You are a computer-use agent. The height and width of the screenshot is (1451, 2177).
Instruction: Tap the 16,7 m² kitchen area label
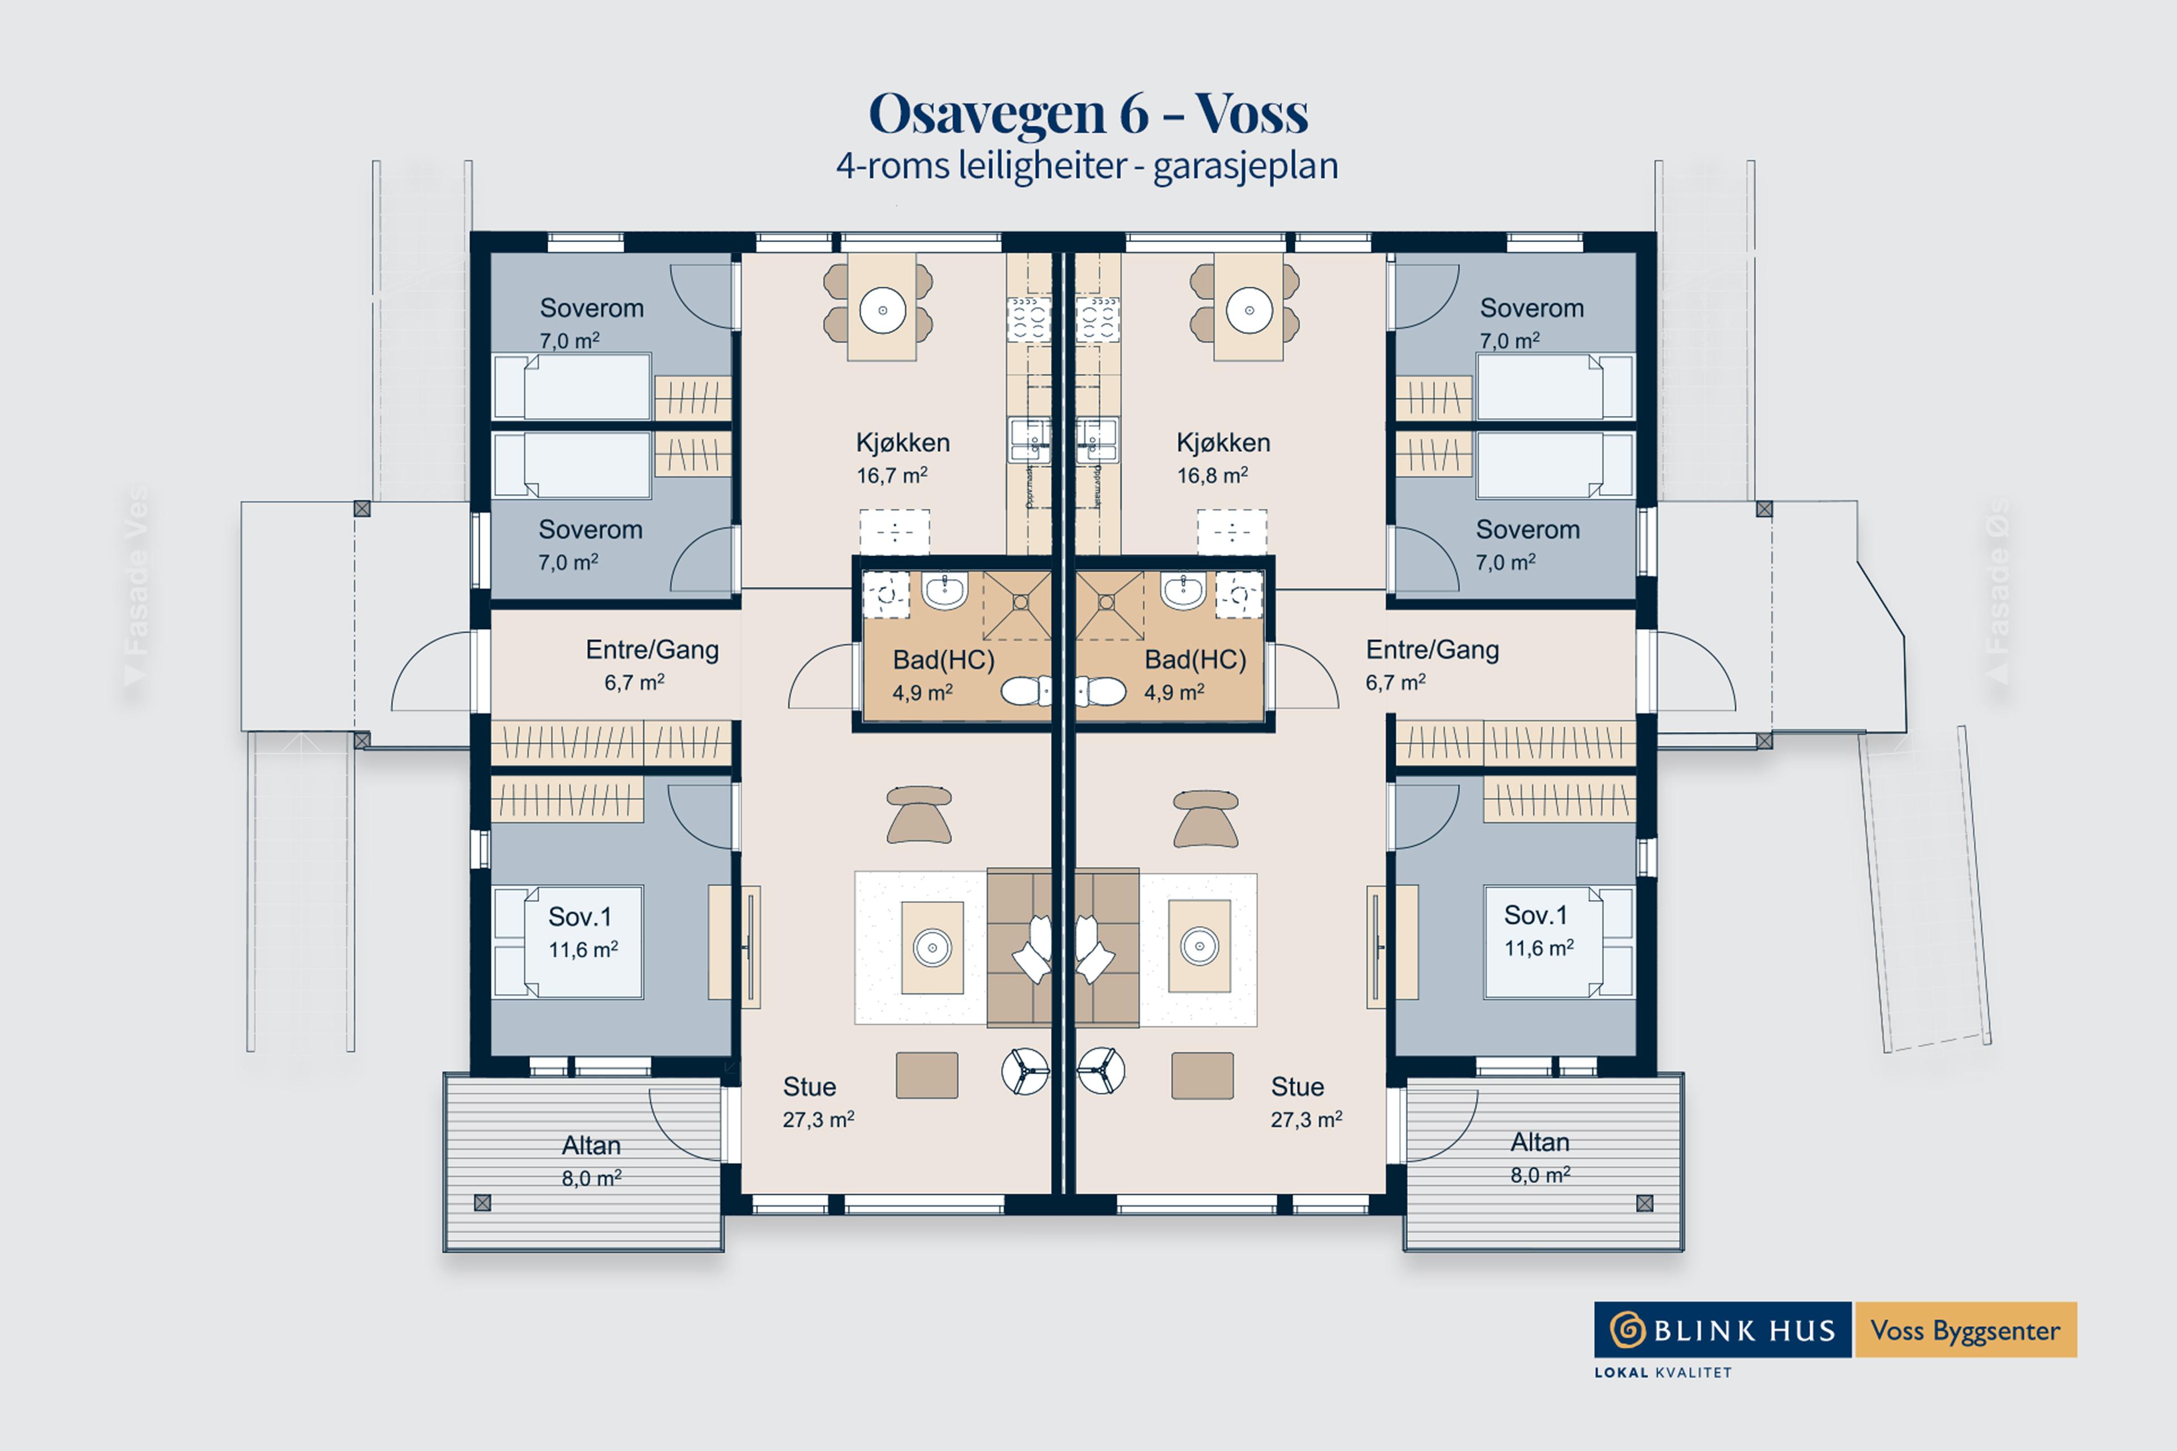[x=891, y=476]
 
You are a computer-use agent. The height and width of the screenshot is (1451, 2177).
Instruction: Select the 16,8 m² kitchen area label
[x=1212, y=476]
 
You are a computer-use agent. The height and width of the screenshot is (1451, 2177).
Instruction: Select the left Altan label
[x=591, y=1145]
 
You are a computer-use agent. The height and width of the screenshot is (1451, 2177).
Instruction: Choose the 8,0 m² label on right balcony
[x=1540, y=1175]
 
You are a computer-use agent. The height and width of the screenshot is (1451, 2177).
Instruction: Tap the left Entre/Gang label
[x=651, y=650]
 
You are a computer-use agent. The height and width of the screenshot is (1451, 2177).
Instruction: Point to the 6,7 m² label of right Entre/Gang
[x=1395, y=683]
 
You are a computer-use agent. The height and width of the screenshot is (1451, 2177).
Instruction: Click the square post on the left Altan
[x=482, y=1203]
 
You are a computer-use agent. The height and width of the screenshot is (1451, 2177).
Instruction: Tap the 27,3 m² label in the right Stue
[x=1306, y=1120]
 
